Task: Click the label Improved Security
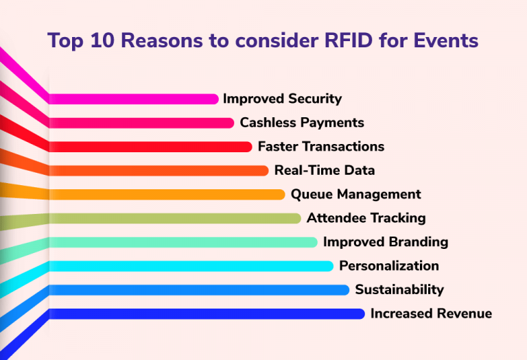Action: [x=282, y=99]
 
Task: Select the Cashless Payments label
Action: [x=301, y=123]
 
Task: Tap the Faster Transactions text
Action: [x=320, y=147]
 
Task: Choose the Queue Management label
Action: [x=355, y=194]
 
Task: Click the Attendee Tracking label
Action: [x=366, y=218]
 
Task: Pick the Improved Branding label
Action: [x=385, y=242]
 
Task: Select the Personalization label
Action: [x=388, y=266]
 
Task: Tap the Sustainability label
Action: [x=399, y=289]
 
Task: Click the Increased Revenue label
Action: [x=431, y=313]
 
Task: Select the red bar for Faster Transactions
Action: [x=151, y=147]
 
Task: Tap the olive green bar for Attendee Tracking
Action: [x=175, y=218]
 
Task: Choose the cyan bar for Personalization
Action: [x=191, y=266]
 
